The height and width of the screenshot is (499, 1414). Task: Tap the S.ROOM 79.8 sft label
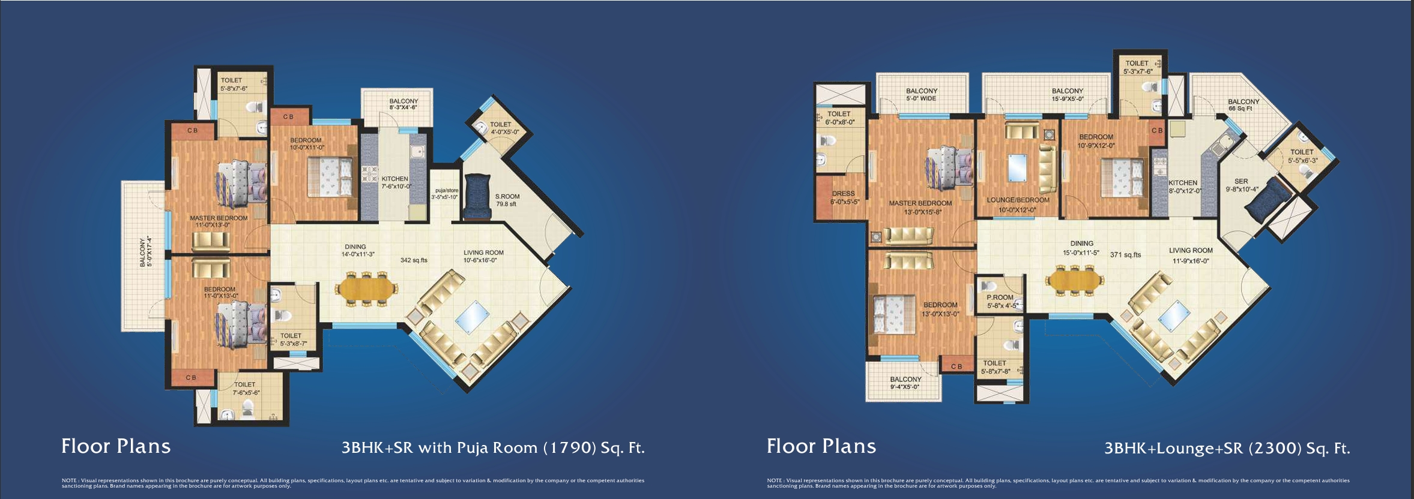pos(507,200)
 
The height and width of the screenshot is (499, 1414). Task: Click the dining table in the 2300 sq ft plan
pos(1074,279)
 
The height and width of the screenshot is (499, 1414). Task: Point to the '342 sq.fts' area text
pos(414,260)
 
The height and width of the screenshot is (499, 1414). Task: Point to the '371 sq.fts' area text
pos(1125,255)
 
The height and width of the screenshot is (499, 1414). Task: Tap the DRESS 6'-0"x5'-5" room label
pos(844,197)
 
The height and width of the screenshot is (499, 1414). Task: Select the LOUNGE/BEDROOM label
pos(1018,205)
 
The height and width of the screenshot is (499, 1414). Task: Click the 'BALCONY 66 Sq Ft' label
pos(1243,105)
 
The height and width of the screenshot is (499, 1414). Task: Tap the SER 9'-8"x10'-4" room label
pos(1242,185)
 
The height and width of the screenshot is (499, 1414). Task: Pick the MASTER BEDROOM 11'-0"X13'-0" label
pos(219,221)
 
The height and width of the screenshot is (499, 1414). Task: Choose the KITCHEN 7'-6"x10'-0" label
pos(396,182)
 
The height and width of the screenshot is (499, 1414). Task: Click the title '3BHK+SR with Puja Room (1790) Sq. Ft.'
pos(493,447)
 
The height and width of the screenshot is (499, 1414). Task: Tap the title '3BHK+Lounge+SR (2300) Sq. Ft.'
pos(1227,448)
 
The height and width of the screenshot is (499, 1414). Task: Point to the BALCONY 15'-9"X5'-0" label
pos(1067,95)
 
